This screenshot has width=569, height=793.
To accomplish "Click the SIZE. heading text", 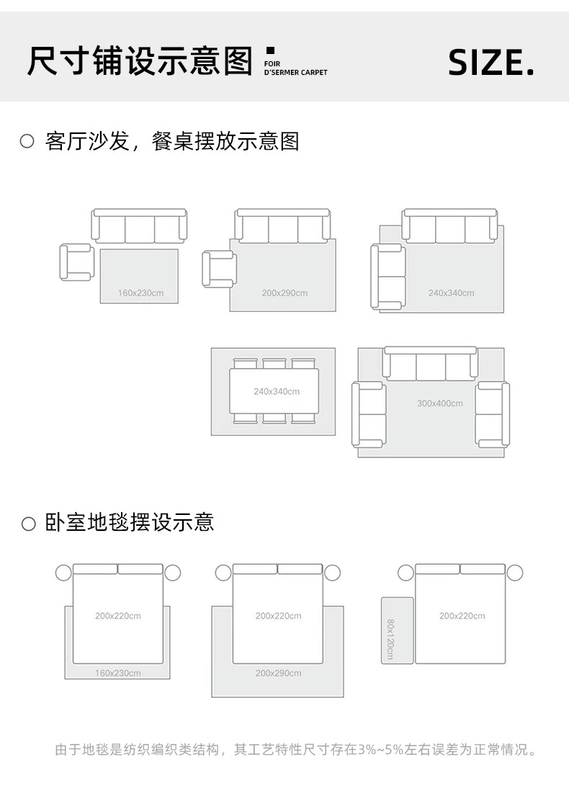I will click(x=491, y=63).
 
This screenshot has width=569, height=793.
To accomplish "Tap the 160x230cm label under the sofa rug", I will click(x=140, y=293).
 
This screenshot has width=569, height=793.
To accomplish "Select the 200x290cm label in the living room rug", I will click(x=284, y=293).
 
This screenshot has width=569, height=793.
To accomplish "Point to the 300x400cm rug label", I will click(x=439, y=403).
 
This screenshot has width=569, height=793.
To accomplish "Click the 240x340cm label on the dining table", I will click(x=277, y=392).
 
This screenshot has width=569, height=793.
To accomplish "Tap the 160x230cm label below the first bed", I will click(x=118, y=673).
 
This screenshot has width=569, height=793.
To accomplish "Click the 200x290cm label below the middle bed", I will click(x=278, y=673).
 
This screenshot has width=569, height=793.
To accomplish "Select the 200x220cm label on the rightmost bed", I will click(x=462, y=616).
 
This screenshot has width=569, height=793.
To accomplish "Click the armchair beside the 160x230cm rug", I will click(x=76, y=262).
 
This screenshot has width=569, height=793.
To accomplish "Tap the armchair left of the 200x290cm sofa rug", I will click(x=219, y=269).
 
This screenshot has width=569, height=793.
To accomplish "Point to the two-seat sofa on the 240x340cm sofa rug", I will click(x=387, y=277).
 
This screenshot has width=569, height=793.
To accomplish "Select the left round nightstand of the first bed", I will click(x=63, y=573).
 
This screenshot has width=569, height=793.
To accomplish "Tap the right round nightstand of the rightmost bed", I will click(x=514, y=573).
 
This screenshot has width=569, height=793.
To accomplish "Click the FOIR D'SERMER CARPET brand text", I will click(x=295, y=68).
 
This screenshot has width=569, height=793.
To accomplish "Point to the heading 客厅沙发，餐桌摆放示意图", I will click(x=171, y=141).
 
